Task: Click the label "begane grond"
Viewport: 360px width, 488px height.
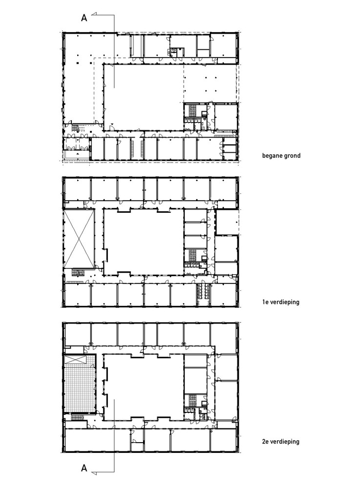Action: (x=281, y=155)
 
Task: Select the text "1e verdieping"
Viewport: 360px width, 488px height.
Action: (x=280, y=302)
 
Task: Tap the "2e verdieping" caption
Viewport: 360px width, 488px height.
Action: (x=280, y=441)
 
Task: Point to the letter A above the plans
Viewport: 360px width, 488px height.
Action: (x=84, y=18)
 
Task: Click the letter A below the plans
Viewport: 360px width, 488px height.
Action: (x=84, y=468)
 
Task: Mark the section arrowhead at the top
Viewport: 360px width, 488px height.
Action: (x=95, y=14)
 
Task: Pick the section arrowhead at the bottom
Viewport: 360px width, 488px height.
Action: (x=95, y=473)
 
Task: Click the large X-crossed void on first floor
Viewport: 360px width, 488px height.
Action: (x=79, y=239)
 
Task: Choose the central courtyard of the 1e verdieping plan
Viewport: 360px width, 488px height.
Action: (x=143, y=242)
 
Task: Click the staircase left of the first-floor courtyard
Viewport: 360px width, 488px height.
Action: (x=78, y=273)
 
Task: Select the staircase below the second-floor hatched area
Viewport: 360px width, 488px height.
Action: (x=78, y=417)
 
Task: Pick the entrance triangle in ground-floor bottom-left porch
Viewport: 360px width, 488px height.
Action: (x=77, y=154)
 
